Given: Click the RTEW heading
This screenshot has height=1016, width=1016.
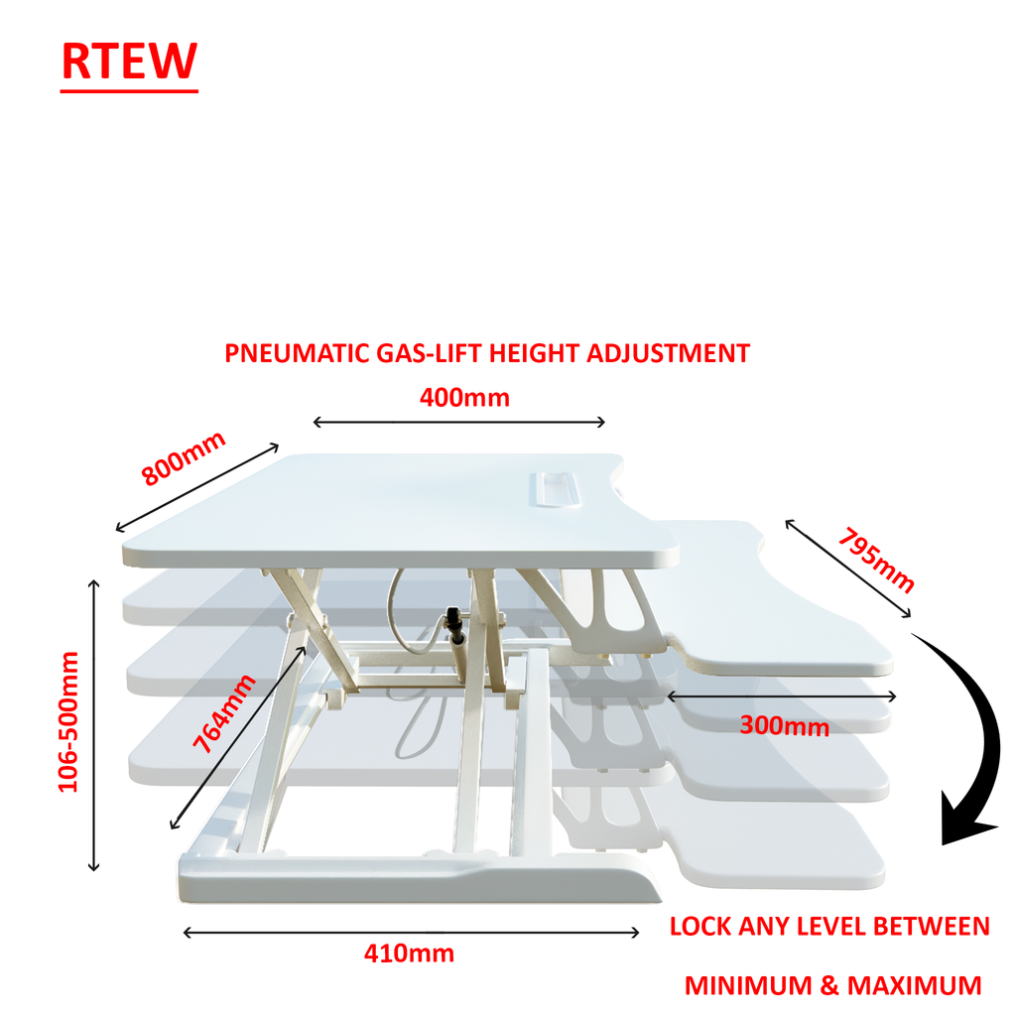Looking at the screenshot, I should pyautogui.click(x=129, y=62).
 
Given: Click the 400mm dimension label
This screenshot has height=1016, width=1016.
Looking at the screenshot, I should pyautogui.click(x=464, y=398).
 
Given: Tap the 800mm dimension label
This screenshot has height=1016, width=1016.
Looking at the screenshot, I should pyautogui.click(x=184, y=457).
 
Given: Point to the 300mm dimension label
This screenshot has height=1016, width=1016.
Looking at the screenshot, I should pyautogui.click(x=784, y=726).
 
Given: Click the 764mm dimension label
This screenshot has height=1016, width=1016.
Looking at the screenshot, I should pyautogui.click(x=224, y=713).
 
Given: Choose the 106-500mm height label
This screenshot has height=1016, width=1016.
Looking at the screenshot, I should pyautogui.click(x=68, y=721).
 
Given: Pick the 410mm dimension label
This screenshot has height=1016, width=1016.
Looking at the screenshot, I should pyautogui.click(x=409, y=954).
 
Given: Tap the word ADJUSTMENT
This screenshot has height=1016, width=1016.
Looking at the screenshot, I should pyautogui.click(x=670, y=353).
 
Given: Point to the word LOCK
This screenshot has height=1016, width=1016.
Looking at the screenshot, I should pyautogui.click(x=700, y=927).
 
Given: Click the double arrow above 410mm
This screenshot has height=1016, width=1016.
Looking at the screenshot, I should pyautogui.click(x=411, y=932).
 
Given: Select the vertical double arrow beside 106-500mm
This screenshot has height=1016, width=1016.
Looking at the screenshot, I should pyautogui.click(x=94, y=725).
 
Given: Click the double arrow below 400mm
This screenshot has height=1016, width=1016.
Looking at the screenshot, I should pyautogui.click(x=458, y=423).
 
